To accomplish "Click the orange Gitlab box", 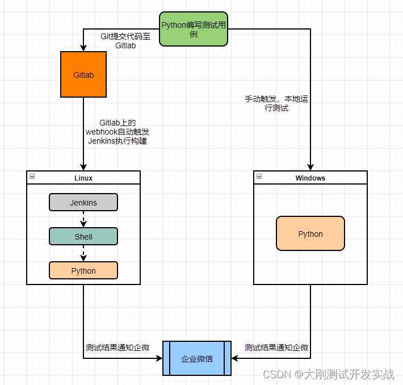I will pyautogui.click(x=83, y=74).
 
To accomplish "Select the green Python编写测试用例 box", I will pyautogui.click(x=194, y=29).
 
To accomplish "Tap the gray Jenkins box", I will pyautogui.click(x=83, y=202).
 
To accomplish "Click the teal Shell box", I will pyautogui.click(x=83, y=236).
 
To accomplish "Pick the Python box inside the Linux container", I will pyautogui.click(x=83, y=270).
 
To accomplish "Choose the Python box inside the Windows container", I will pyautogui.click(x=310, y=233).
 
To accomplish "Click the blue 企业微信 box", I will pyautogui.click(x=197, y=358).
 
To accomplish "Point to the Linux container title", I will pyautogui.click(x=83, y=178).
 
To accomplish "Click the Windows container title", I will pyautogui.click(x=310, y=178).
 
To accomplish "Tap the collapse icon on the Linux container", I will pyautogui.click(x=32, y=177).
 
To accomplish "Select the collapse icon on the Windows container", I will pyautogui.click(x=259, y=177).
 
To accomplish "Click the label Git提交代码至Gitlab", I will pyautogui.click(x=125, y=41).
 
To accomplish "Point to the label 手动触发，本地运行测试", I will pyautogui.click(x=276, y=103).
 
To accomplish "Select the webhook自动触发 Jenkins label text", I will pyautogui.click(x=117, y=132).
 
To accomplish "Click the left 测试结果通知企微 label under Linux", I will pyautogui.click(x=117, y=348).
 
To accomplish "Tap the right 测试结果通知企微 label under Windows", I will pyautogui.click(x=276, y=348).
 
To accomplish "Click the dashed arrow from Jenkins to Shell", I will pyautogui.click(x=83, y=219).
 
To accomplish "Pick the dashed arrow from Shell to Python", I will pyautogui.click(x=83, y=253).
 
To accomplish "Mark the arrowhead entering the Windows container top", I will pyautogui.click(x=310, y=167).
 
